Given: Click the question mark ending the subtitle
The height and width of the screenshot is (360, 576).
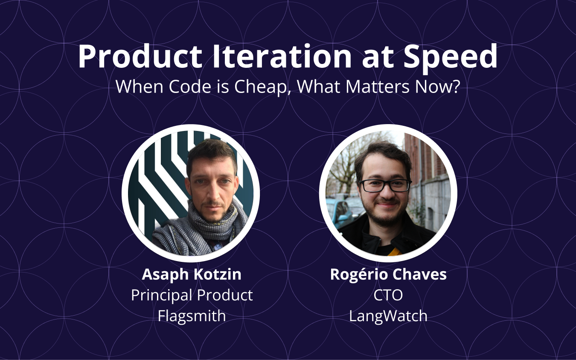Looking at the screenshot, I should tap(457, 87).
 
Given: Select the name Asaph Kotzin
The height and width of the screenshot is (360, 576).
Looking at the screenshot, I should tap(192, 274).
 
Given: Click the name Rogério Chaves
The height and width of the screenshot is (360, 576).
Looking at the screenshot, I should tap(388, 274).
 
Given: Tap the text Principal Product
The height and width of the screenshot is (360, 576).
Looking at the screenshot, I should tap(192, 295).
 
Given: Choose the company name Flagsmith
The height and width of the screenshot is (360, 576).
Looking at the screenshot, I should tap(192, 316).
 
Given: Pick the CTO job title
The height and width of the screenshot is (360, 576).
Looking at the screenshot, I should tap(388, 295).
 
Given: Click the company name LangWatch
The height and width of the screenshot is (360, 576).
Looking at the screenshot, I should tap(388, 316).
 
